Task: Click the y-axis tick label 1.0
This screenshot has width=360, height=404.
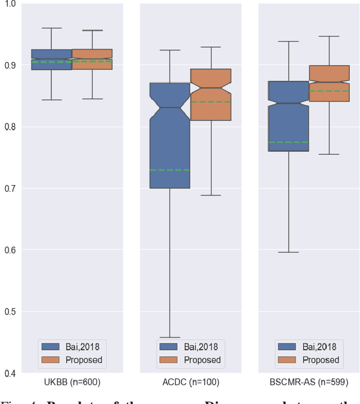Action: tap(10, 5)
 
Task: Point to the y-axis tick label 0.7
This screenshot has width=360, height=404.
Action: tap(10, 188)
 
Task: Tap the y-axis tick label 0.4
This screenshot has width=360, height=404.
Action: tap(10, 372)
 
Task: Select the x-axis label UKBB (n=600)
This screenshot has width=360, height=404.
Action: tap(71, 383)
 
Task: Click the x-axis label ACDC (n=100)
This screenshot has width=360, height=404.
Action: tap(190, 383)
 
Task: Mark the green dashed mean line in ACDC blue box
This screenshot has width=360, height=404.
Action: tap(169, 169)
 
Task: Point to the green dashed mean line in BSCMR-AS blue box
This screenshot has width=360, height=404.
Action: tap(289, 142)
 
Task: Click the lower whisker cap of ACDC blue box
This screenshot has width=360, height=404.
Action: tap(169, 338)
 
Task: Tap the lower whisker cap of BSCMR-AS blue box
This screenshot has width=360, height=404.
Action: tap(289, 252)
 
